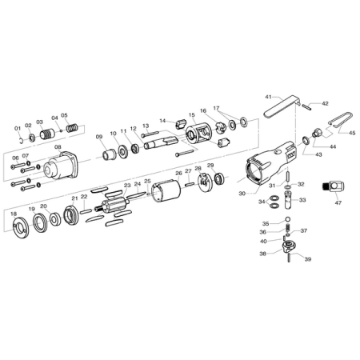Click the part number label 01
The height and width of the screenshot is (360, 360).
[x=18, y=129]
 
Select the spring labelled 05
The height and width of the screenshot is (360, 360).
[x=72, y=128]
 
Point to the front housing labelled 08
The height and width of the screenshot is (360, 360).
[x=61, y=166]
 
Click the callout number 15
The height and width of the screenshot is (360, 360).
[x=192, y=115]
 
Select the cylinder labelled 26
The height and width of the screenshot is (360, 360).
[x=166, y=192]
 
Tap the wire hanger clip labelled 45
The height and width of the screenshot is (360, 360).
[x=341, y=119]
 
